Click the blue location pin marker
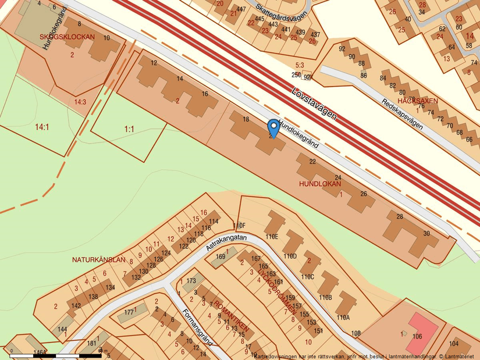pyautogui.click(x=273, y=127)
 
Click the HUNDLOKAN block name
pyautogui.click(x=319, y=184)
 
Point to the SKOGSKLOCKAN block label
pyautogui.click(x=67, y=37)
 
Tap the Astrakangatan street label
pyautogui.click(x=227, y=243)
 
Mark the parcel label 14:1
pyautogui.click(x=42, y=127)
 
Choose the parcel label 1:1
pyautogui.click(x=129, y=129)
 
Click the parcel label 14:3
pyautogui.click(x=80, y=102)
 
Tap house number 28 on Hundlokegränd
pyautogui.click(x=400, y=217)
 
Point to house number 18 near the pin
pyautogui.click(x=246, y=119)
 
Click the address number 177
pyautogui.click(x=129, y=312)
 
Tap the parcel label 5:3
pyautogui.click(x=300, y=65)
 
